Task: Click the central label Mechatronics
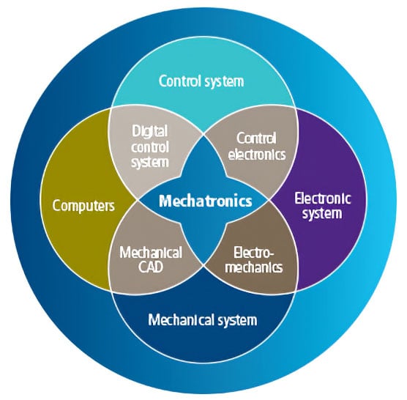(x=206, y=200)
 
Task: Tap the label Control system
(x=201, y=81)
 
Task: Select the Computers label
(x=83, y=205)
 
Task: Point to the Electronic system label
(x=322, y=205)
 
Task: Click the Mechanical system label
(x=203, y=319)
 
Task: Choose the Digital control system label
(x=150, y=146)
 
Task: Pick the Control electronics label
(x=256, y=146)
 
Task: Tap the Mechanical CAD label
(x=150, y=259)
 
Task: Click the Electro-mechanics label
(x=253, y=259)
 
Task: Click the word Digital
(x=150, y=130)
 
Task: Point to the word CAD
(x=150, y=267)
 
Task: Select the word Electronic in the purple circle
(x=322, y=198)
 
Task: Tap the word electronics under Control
(x=256, y=154)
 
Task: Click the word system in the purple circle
(x=322, y=213)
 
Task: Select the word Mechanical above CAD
(x=150, y=252)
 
